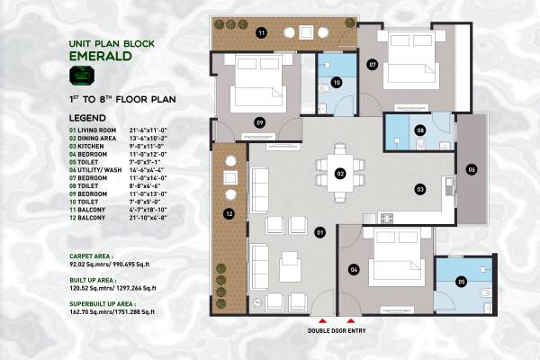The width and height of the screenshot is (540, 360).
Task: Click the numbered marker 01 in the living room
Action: point(319,232)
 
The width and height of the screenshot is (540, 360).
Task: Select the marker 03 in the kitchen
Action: point(418,189)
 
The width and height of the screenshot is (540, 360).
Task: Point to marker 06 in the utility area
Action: point(471,168)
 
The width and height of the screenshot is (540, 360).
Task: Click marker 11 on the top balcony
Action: point(261,33)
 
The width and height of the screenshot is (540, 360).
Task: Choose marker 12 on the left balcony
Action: point(230,214)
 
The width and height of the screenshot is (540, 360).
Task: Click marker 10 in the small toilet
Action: point(336,83)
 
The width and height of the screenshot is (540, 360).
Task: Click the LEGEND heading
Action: point(87,118)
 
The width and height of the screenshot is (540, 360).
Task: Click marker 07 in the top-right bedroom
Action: point(372,65)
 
